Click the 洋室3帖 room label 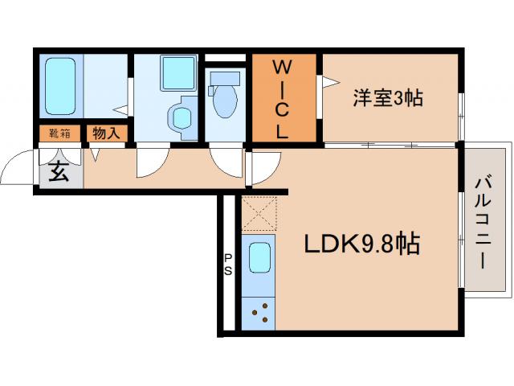389,99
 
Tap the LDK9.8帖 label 361,244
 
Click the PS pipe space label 228,265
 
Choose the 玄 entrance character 59,171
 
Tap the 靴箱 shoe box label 59,133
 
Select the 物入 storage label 105,133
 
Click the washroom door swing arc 150,162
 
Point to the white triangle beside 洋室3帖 328,80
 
